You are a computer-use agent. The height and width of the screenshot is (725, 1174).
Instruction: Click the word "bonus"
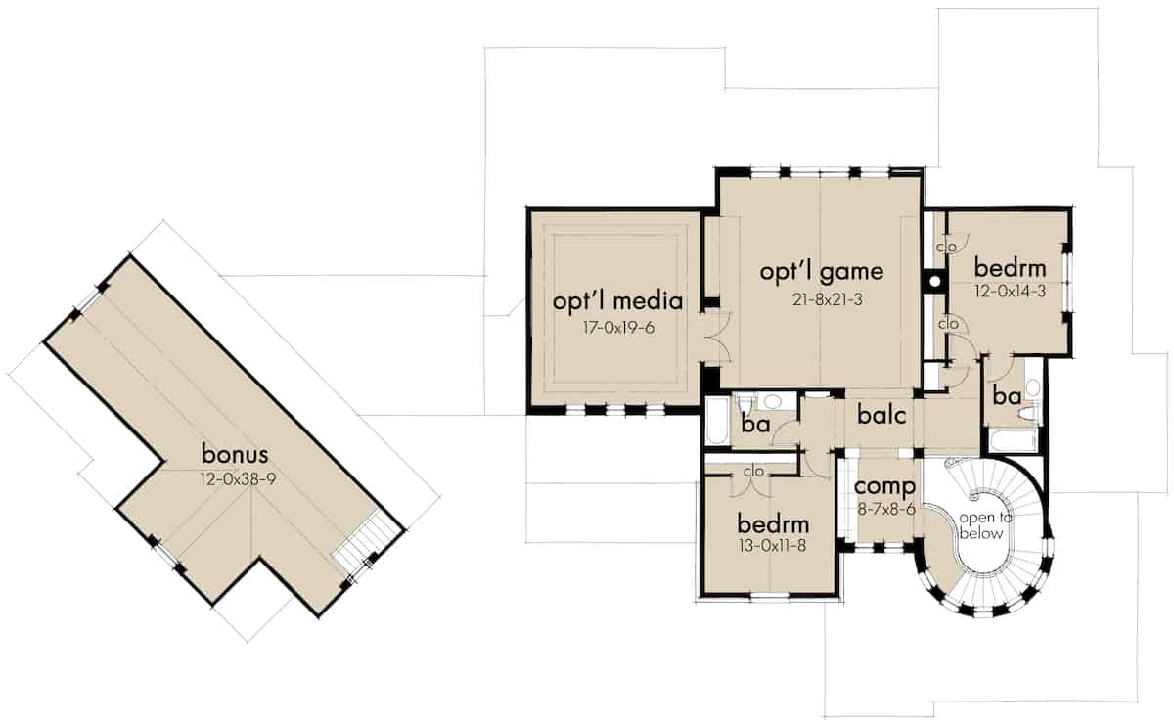click(x=235, y=454)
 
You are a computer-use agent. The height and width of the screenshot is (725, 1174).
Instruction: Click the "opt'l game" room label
click(x=822, y=271)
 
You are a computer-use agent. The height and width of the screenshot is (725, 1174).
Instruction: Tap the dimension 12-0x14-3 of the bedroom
click(x=1011, y=292)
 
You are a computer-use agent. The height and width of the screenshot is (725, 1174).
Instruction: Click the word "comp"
click(x=884, y=486)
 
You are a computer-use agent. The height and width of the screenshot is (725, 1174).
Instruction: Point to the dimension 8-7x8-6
click(x=884, y=509)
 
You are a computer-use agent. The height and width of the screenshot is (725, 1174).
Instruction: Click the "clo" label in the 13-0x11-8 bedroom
click(x=752, y=472)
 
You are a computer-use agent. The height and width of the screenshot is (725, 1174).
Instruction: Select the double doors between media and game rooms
click(x=711, y=338)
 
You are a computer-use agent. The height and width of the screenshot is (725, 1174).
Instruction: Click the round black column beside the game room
click(x=934, y=282)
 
